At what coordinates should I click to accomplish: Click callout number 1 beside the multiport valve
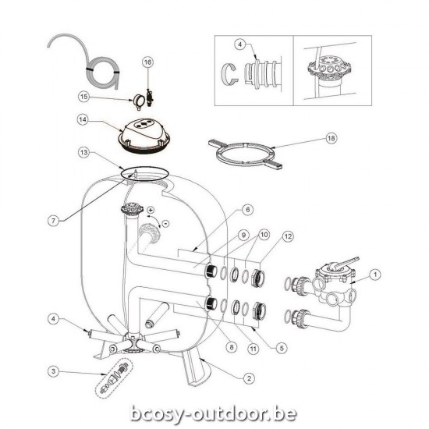(375, 273)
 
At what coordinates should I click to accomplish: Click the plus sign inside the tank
(150, 211)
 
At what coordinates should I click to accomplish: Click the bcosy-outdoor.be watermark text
(214, 411)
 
